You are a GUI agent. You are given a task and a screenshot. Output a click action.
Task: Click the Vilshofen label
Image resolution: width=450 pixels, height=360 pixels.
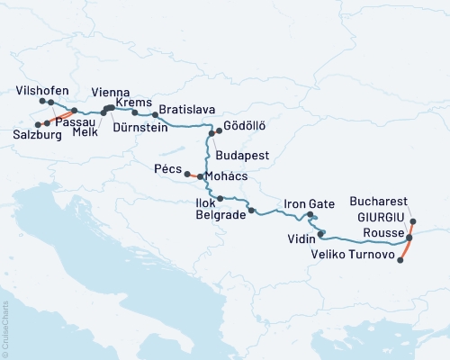pos(41,91)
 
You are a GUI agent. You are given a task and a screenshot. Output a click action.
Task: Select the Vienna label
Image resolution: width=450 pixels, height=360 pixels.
pos(112,92)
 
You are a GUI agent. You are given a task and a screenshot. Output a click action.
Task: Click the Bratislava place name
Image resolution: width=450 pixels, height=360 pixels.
pos(186,110)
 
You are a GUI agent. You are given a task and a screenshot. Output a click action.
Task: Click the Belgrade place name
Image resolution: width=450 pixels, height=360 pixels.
pos(221,217)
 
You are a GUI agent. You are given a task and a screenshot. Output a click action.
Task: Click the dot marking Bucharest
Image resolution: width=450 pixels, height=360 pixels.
pos(413,221)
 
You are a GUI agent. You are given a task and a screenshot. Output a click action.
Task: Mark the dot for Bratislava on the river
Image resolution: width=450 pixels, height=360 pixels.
pos(155,115)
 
